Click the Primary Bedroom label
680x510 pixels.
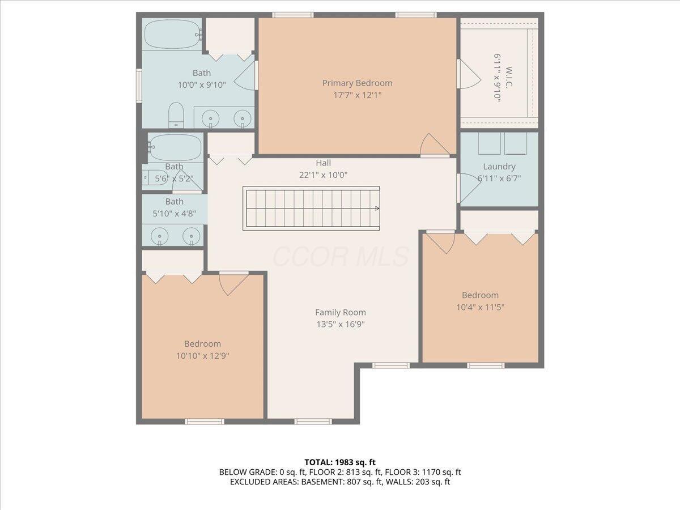(357, 83)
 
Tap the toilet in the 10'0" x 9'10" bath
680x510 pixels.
(176, 115)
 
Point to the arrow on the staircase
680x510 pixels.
(377, 209)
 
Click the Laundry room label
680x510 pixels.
(499, 167)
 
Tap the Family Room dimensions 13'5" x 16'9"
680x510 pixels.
(341, 324)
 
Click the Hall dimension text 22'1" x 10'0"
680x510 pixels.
(323, 175)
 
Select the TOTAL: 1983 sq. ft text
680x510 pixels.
(340, 462)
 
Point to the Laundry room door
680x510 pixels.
(468, 188)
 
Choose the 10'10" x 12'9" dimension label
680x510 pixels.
(203, 356)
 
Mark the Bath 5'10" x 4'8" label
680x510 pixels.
(175, 207)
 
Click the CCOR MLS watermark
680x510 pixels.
(341, 256)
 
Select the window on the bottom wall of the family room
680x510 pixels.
(313, 422)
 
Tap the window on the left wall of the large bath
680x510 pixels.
(139, 86)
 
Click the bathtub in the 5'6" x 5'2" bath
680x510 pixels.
(175, 147)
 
